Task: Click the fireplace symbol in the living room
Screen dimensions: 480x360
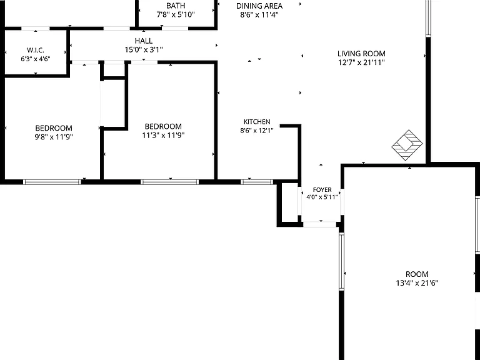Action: coord(407,145)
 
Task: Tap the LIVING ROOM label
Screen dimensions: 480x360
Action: coord(361,54)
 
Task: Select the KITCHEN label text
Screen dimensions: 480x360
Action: coord(257,122)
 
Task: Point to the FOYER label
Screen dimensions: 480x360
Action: coord(322,190)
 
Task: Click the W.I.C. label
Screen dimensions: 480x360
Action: coord(36,50)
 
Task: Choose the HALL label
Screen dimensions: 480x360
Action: coord(144,41)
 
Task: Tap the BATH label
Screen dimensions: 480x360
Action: coord(176,6)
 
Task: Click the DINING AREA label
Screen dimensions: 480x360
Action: coord(259,6)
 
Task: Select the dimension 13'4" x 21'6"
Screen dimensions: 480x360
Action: coord(417,283)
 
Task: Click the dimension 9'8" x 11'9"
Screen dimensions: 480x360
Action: coord(54,137)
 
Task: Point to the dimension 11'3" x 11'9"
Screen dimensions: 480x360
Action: coord(163,135)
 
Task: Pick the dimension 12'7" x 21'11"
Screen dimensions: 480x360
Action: coord(361,62)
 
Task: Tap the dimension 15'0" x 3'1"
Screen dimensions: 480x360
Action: coord(144,49)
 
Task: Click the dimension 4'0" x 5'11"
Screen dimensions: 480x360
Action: coord(322,197)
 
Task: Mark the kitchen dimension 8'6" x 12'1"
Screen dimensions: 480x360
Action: coord(257,131)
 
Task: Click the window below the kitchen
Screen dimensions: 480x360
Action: coord(256,182)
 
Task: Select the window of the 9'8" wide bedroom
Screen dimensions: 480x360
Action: coord(52,182)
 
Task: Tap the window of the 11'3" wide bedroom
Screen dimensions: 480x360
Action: coord(169,182)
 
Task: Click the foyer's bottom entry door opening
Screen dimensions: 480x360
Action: coord(319,224)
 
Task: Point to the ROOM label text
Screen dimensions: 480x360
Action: coord(417,274)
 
